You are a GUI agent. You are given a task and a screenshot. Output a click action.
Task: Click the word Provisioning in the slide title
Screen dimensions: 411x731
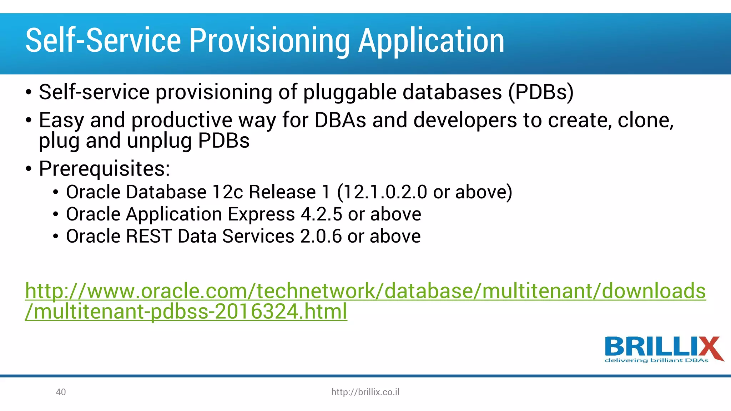[x=269, y=41]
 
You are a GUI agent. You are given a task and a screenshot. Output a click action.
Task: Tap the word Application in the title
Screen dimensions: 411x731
[x=431, y=41]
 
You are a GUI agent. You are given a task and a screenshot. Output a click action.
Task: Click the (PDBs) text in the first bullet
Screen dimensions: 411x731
[x=540, y=92]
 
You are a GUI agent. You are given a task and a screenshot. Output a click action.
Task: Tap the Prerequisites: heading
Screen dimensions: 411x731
[x=104, y=168]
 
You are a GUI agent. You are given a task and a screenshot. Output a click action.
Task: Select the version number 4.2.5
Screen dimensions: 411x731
[x=321, y=214]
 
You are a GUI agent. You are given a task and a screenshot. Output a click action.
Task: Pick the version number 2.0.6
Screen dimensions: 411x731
[x=321, y=236]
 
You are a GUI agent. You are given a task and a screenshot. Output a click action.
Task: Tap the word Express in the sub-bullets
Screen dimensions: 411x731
[x=261, y=214]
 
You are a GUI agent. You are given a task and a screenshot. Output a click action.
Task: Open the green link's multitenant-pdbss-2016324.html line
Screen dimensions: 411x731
[x=186, y=311]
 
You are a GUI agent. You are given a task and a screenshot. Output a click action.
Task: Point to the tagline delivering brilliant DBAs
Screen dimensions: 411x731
[x=656, y=360]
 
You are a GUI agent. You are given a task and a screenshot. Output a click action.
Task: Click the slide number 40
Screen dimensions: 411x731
[x=61, y=392]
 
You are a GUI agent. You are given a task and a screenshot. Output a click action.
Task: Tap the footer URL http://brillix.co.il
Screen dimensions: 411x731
[x=365, y=392]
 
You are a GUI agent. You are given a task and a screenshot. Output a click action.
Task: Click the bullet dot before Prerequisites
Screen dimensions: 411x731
[x=29, y=169]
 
